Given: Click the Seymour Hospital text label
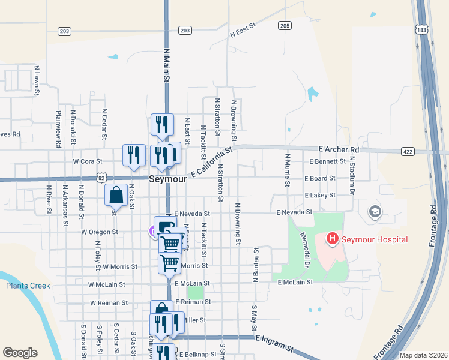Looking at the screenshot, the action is click(375, 240).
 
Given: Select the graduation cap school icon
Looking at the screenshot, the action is click(375, 211).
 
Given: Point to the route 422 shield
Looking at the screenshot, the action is click(408, 152).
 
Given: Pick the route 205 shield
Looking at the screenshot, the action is click(285, 25).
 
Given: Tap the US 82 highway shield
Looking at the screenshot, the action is click(101, 178).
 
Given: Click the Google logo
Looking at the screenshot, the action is click(20, 353).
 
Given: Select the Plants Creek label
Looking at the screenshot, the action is click(28, 286).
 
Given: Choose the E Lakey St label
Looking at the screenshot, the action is click(319, 196).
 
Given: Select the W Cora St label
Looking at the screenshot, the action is click(88, 161).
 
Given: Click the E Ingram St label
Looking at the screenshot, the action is click(274, 344).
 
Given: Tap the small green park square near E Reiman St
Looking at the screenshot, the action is click(195, 293).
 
